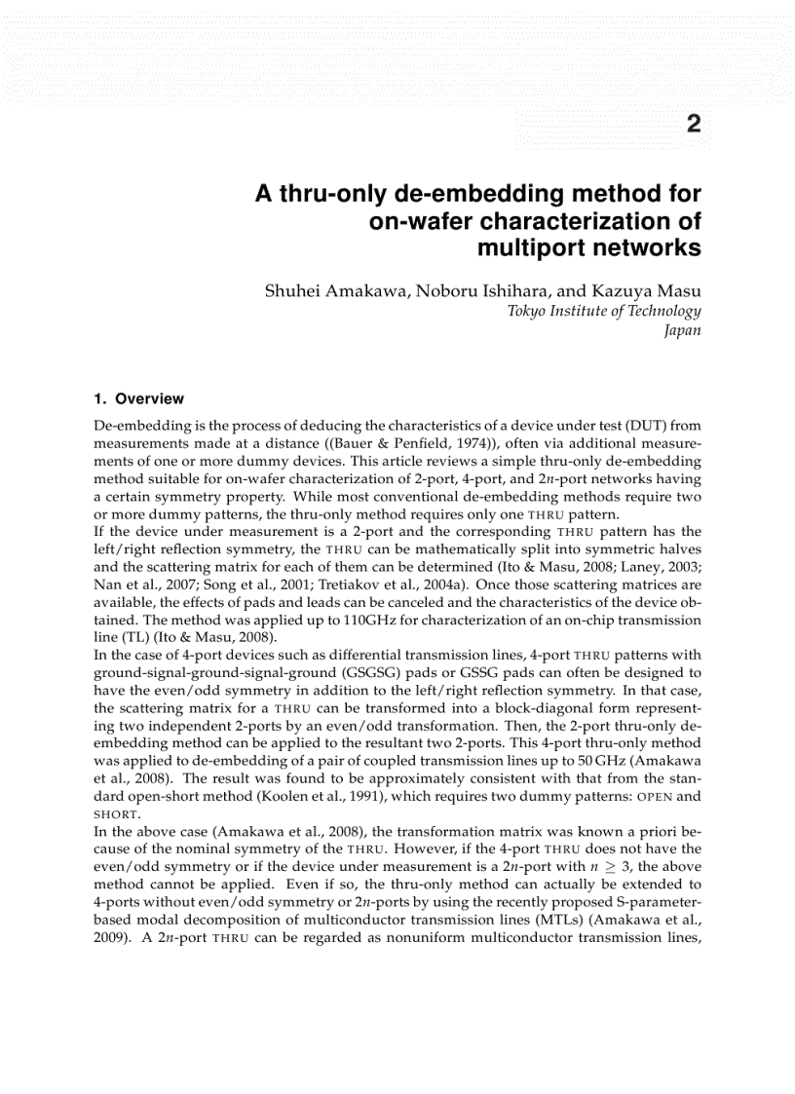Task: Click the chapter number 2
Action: (693, 124)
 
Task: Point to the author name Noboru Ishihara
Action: (477, 292)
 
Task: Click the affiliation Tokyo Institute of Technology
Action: (604, 311)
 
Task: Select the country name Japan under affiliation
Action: (682, 329)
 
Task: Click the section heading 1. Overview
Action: (138, 398)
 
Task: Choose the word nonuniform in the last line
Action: (456, 936)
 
